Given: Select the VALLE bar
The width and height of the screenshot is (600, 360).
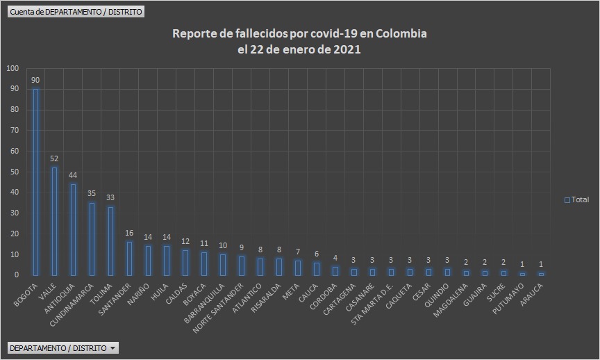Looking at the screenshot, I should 55,221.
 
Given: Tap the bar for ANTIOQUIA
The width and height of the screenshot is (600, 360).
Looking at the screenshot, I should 73,229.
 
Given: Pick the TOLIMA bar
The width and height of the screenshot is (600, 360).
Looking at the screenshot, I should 110,240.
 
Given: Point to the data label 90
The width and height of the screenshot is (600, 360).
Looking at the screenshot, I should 36,81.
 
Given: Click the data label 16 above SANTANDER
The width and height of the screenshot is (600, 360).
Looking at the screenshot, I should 129,234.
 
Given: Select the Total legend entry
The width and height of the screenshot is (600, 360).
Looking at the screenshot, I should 576,199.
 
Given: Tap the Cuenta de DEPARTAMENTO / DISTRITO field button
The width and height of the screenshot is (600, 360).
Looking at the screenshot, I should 76,12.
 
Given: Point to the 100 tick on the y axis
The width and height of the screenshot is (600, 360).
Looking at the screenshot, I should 13,68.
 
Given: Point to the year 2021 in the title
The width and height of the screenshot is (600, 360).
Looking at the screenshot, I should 347,50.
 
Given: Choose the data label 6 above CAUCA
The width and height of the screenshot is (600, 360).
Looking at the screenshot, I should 317,254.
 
